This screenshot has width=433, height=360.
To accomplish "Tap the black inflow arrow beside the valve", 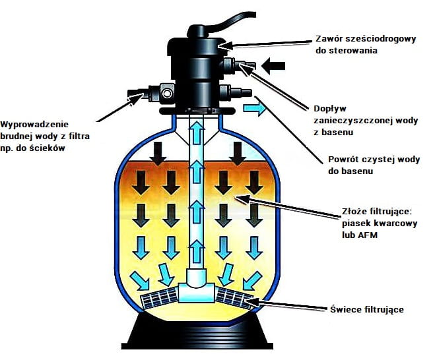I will coord(274,65).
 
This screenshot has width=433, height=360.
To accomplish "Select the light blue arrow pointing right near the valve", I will coord(254,109).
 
